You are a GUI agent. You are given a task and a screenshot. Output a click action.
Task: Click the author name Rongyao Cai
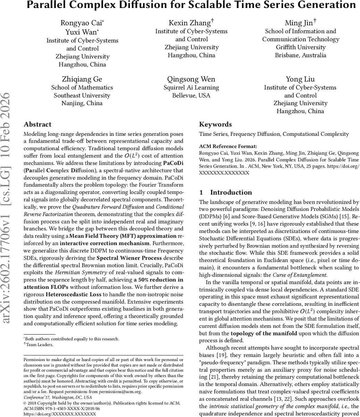(x=82, y=23)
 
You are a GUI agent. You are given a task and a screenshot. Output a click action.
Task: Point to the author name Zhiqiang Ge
(x=82, y=79)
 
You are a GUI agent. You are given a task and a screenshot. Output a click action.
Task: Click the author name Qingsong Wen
(x=191, y=79)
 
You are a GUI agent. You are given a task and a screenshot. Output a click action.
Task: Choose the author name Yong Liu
(x=300, y=79)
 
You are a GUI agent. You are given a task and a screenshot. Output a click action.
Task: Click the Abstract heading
(x=37, y=124)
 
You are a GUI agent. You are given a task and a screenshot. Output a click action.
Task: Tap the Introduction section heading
(x=231, y=193)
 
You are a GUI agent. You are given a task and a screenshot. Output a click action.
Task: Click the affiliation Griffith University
(x=301, y=47)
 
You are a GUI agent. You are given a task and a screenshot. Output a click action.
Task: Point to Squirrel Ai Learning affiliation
(x=191, y=88)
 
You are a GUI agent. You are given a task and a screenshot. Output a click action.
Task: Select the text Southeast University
(x=82, y=96)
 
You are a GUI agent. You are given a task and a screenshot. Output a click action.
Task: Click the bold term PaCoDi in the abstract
(x=173, y=163)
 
